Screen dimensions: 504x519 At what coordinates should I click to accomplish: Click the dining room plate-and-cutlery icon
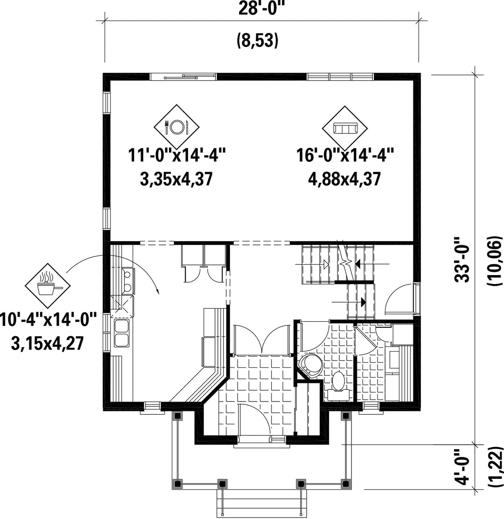(177, 127)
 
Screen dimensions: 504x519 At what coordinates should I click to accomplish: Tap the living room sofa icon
(345, 128)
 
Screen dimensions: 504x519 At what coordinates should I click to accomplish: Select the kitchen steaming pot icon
(48, 286)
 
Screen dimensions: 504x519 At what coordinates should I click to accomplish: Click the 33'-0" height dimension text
(462, 259)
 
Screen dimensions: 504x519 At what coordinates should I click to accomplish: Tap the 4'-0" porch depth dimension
(462, 467)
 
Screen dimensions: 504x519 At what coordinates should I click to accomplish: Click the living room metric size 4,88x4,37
(345, 179)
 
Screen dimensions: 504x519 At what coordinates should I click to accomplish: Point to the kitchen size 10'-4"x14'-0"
(49, 320)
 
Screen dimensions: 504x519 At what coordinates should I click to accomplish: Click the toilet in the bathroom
(338, 384)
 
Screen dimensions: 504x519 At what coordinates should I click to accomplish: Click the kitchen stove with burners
(127, 281)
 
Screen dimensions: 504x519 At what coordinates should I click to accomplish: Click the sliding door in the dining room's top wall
(183, 77)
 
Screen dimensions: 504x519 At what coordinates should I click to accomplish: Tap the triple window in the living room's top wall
(340, 77)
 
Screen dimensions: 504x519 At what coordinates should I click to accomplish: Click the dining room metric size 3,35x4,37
(176, 179)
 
